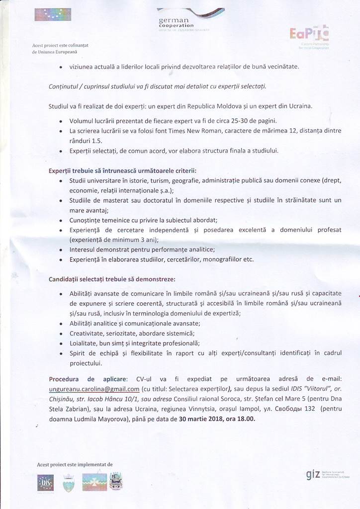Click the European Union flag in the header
click(49, 15)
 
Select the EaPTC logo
click(308, 34)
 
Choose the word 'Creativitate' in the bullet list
click(88, 333)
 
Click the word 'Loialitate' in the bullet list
click(85, 343)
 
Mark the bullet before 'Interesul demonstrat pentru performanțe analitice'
click(61, 249)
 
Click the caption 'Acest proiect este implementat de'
click(75, 464)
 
